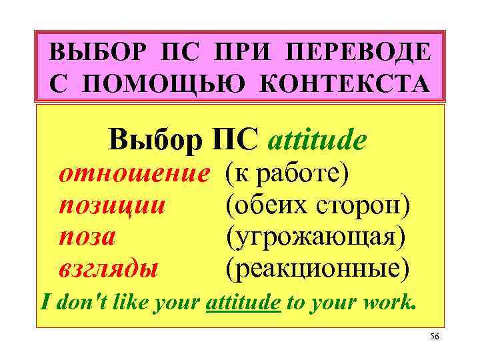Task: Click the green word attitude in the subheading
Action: click(317, 141)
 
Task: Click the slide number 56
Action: click(434, 337)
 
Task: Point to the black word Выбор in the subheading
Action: click(155, 141)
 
